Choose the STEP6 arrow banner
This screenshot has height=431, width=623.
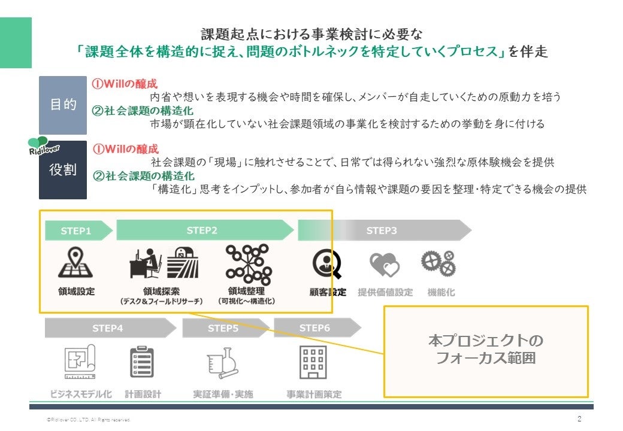point(316,328)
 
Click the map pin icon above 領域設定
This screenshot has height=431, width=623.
point(75,263)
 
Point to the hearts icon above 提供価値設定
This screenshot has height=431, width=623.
point(385,264)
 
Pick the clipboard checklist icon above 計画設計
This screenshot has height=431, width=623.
point(143,362)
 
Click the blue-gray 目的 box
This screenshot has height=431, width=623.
point(62,105)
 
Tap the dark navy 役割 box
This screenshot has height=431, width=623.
point(62,170)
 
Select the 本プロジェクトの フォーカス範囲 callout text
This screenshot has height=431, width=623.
point(486,350)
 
